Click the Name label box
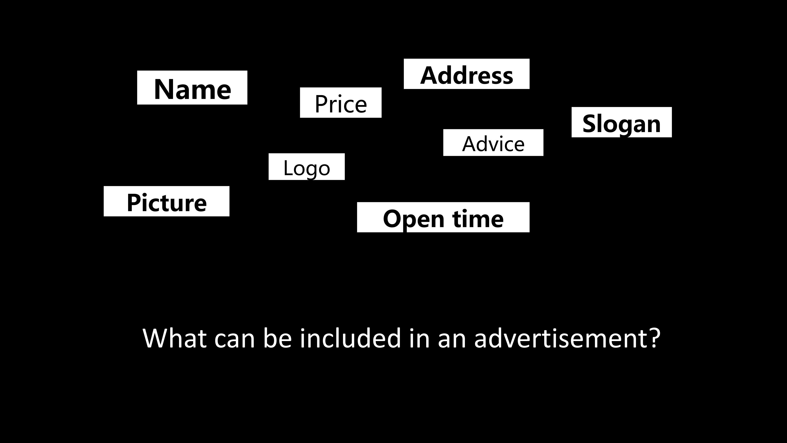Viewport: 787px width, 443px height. [192, 87]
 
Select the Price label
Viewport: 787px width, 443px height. [341, 102]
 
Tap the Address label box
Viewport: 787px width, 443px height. [467, 74]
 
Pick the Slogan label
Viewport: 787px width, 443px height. [622, 122]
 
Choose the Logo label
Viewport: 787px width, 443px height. [307, 167]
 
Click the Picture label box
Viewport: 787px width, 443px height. [166, 201]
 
